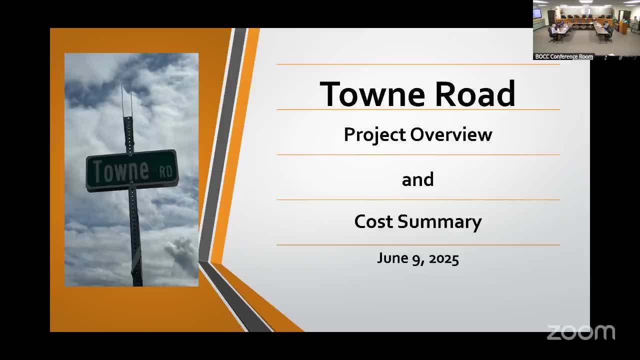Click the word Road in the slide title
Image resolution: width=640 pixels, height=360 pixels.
click(x=475, y=93)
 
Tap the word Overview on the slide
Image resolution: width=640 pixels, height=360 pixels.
click(x=451, y=134)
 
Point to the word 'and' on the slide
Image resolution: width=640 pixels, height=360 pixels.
click(x=417, y=179)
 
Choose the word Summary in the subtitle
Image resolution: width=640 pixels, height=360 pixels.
click(x=439, y=222)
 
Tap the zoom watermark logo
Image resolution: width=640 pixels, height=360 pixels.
click(x=580, y=332)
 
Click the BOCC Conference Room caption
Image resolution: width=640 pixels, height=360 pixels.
click(x=563, y=56)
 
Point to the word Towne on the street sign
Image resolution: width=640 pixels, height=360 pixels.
click(x=121, y=171)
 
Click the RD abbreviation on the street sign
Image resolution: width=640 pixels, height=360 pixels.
click(x=165, y=171)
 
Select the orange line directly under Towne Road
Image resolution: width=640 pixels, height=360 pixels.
click(x=418, y=109)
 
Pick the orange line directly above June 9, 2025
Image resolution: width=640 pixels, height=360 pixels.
click(x=418, y=245)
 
